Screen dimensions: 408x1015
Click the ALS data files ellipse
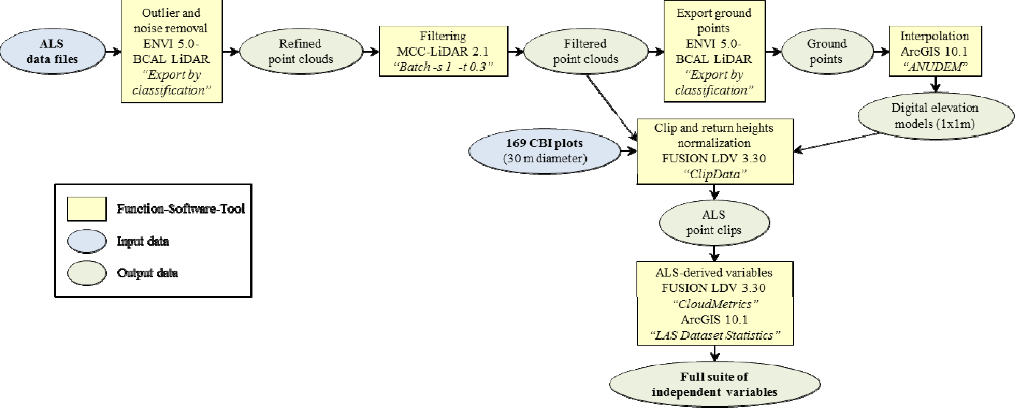52,51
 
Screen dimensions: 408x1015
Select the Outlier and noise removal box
171,51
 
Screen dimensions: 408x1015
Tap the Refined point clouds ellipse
301,51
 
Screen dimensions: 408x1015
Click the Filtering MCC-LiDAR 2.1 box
443,51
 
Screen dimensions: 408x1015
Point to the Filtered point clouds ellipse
586,51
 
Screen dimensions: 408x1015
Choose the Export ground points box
714,51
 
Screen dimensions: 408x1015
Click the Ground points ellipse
827,51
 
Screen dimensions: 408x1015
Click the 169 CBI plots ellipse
545,151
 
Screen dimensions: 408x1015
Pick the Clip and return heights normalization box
714,151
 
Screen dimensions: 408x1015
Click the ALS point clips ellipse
714,223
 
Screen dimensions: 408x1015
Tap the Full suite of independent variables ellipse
714,384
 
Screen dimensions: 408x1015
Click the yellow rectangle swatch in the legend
87,209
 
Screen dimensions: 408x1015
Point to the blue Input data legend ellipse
87,241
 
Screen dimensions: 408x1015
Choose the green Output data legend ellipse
87,273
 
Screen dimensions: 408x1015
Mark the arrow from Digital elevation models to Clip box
835,142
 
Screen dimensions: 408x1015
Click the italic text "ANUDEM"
935,67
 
